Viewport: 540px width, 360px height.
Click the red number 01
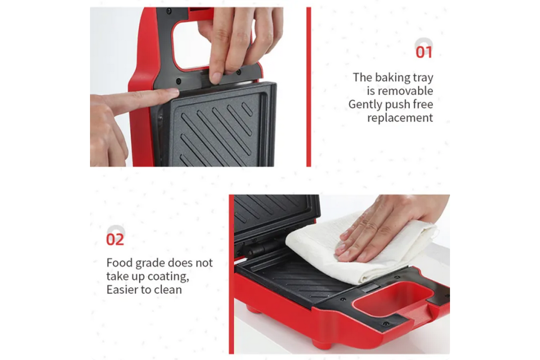click(424, 52)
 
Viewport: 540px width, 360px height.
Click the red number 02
click(115, 239)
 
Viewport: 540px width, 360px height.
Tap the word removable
click(400, 91)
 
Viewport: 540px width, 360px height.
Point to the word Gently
click(365, 104)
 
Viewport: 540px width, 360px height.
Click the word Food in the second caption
click(120, 263)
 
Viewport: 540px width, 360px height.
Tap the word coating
click(168, 277)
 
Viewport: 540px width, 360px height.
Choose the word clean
click(168, 290)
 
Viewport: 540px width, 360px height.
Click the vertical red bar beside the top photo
click(309, 87)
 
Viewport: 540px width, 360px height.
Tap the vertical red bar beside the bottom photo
click(231, 274)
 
